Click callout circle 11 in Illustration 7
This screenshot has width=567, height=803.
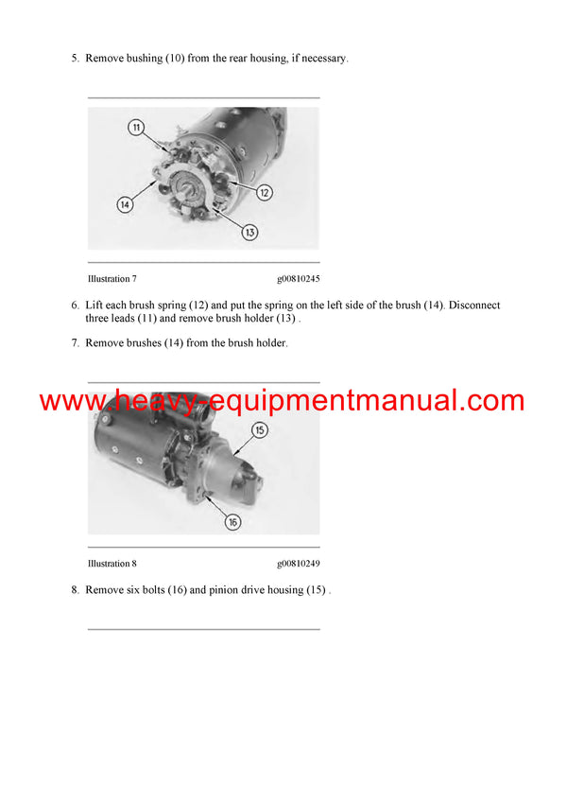(136, 127)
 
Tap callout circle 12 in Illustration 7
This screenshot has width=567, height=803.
(265, 192)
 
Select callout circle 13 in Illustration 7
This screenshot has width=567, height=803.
(249, 232)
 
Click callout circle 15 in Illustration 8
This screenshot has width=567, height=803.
(260, 430)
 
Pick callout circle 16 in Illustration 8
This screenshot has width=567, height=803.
(232, 521)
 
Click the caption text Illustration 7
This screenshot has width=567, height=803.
(112, 279)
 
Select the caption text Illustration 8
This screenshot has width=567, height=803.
(112, 564)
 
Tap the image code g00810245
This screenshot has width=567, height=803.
(298, 279)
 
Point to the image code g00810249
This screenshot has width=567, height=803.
(298, 564)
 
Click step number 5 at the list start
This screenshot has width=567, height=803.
(75, 59)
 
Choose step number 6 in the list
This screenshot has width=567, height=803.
(75, 305)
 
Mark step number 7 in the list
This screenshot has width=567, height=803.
(75, 342)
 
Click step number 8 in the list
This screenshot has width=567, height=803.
(75, 590)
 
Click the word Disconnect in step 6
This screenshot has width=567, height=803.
(475, 305)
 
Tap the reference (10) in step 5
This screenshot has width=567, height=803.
(175, 59)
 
